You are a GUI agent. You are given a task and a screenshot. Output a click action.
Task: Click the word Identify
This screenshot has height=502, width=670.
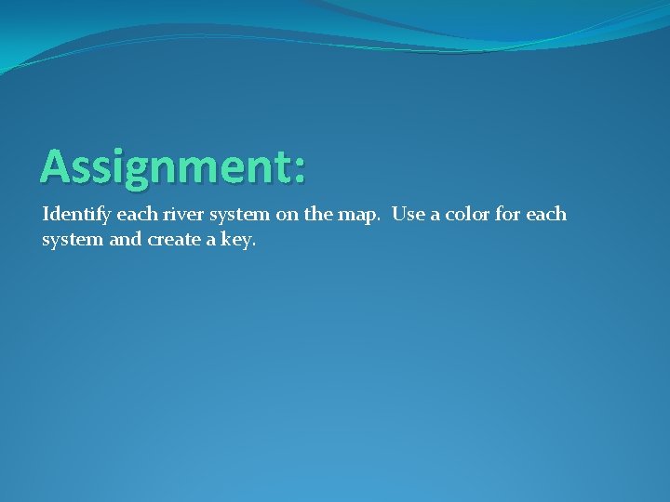pyautogui.click(x=73, y=216)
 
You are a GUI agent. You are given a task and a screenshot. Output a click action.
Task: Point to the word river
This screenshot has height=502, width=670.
pyautogui.click(x=174, y=215)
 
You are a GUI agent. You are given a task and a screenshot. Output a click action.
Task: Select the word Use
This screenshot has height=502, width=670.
pyautogui.click(x=407, y=215)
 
